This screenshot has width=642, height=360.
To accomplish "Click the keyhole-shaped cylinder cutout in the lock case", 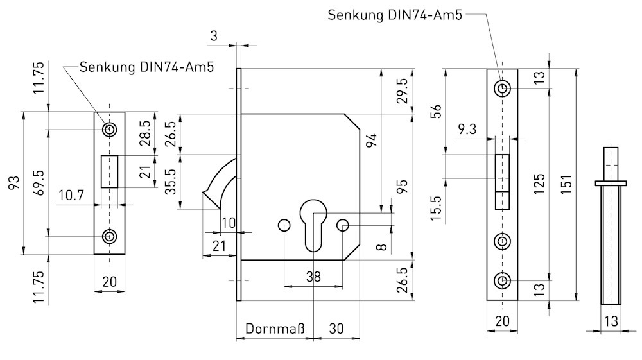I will coord(313,225).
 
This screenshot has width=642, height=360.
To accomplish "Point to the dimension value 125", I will coord(539,185).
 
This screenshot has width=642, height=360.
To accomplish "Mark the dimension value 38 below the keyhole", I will coord(313,277).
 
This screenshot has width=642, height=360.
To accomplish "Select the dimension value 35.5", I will coord(171,182).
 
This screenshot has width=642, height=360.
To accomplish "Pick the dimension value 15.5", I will coord(436,209).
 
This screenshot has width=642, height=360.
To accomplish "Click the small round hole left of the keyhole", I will coord(283,225).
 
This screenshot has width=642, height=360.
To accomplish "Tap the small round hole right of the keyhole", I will coord(343,225).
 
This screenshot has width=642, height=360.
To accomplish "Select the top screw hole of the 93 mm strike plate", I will coord(110,130).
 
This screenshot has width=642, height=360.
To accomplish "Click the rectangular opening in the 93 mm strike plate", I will coord(110,172).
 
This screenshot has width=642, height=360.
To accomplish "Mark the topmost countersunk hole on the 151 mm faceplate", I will coord(503,88).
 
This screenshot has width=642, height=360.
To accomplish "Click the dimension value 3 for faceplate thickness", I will coord(213,37).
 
